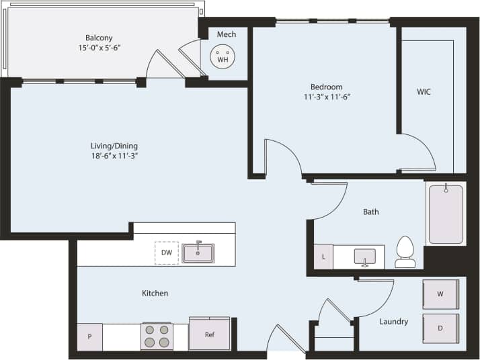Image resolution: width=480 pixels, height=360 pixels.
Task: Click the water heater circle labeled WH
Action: click(222, 56)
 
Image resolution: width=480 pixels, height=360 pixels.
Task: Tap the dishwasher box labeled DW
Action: click(166, 253)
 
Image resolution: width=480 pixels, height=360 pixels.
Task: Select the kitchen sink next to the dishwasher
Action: click(198, 253)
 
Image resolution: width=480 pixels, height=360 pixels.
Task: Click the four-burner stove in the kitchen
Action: click(157, 336)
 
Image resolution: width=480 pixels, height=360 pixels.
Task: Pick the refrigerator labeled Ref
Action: click(209, 334)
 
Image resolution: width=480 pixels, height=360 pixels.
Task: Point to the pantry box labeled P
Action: click(89, 337)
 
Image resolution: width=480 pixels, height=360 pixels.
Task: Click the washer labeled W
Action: click(440, 294)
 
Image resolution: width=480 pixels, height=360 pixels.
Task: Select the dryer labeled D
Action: click(440, 328)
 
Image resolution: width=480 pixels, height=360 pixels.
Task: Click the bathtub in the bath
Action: click(446, 214)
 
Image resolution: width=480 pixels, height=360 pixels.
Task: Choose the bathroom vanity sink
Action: click(364, 257)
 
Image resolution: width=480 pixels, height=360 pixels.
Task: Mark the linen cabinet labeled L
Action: click(323, 257)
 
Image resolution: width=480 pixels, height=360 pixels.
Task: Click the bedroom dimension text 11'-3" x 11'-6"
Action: click(326, 97)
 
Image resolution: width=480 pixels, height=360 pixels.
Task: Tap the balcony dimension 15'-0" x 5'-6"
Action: click(98, 48)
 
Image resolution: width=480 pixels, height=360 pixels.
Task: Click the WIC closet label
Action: click(424, 92)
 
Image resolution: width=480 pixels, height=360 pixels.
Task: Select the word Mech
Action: click(226, 34)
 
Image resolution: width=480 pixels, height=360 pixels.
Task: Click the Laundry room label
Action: click(393, 322)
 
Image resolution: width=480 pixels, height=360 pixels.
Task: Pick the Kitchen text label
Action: click(155, 294)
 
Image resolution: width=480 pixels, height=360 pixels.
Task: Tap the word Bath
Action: click(370, 212)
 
